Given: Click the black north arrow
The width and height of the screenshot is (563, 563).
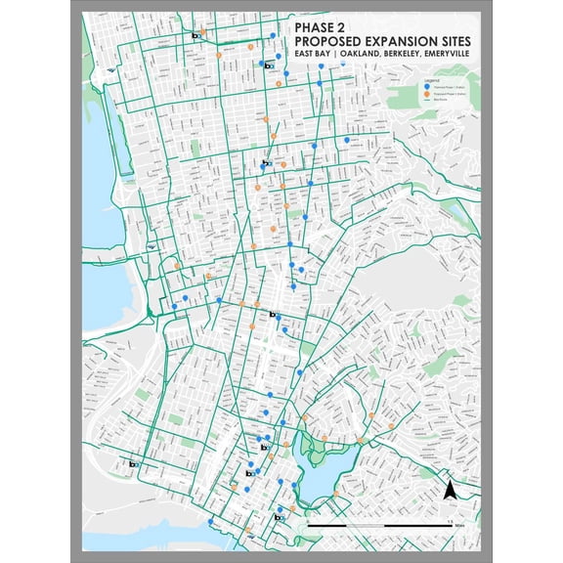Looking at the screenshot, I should click(451, 490).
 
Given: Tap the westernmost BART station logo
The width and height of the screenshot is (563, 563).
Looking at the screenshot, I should click(132, 464).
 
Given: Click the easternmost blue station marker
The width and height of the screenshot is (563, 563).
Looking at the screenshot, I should click(347, 141).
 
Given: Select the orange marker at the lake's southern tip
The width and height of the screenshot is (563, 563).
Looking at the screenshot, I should click(335, 495).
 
